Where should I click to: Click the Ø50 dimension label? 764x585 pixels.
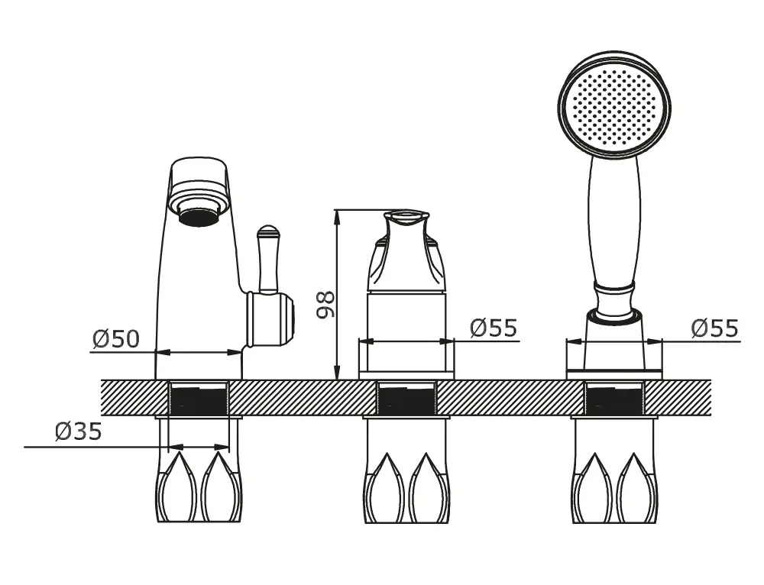tap(116, 338)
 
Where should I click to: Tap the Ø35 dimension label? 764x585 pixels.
tap(79, 431)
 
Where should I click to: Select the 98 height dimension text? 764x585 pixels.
tap(325, 305)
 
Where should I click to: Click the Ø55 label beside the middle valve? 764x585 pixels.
tap(494, 328)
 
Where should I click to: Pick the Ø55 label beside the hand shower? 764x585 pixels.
tap(715, 328)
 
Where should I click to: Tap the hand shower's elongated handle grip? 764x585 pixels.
tap(614, 219)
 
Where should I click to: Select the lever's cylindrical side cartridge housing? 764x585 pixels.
tap(270, 319)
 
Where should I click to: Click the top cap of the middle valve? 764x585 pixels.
tap(406, 217)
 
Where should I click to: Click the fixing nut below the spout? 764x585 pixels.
tap(199, 471)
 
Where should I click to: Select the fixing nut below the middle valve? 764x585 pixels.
tap(407, 471)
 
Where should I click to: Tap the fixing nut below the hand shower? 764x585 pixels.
tap(614, 471)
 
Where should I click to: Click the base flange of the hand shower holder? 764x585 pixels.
tap(614, 374)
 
